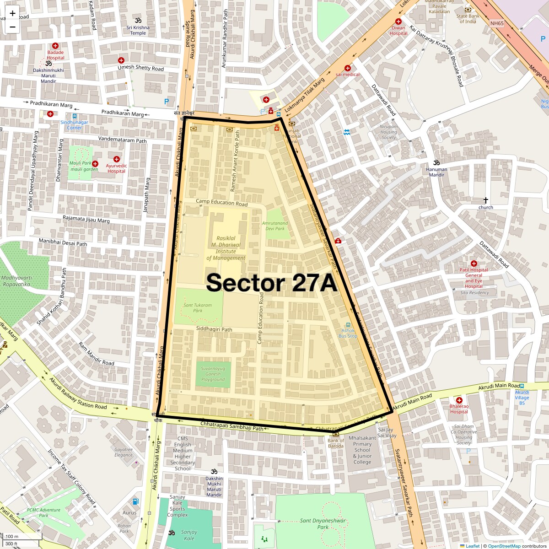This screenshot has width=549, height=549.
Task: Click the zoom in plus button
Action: [x=12, y=13]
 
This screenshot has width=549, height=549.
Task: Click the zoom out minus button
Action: [x=12, y=27]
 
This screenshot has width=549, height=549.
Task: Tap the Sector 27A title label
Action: [x=271, y=283]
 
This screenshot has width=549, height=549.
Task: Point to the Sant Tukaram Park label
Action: [x=198, y=307]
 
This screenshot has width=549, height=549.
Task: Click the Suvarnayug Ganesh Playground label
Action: [x=213, y=374]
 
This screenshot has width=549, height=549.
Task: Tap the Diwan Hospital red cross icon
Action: [x=398, y=22]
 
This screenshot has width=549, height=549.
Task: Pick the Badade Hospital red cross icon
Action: [x=55, y=46]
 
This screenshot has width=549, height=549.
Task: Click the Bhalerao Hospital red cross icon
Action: [x=459, y=400]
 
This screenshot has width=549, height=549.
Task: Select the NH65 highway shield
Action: [x=496, y=23]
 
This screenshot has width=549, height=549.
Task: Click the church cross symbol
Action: [x=486, y=200]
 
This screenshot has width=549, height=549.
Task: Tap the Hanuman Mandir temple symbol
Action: [x=436, y=162]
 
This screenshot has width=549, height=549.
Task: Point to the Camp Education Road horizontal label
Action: [x=221, y=202]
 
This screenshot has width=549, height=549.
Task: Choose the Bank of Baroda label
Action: [x=336, y=443]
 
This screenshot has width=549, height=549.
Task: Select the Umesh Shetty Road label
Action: [x=140, y=68]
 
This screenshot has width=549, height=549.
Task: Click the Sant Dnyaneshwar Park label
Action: [x=323, y=523]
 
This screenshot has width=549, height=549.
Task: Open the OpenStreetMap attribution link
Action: [x=504, y=546]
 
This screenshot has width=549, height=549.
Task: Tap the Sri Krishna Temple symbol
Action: [x=138, y=21]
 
